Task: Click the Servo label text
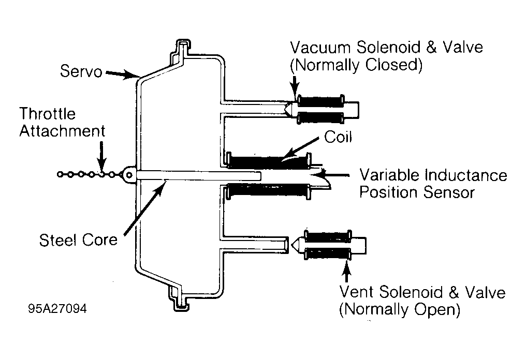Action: coord(81,71)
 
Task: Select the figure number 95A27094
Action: coord(57,308)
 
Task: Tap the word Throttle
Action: coord(48,114)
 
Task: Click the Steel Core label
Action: coord(78,240)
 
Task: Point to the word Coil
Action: coord(338,137)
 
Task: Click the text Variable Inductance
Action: coord(433,175)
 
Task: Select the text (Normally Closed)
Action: coord(356,65)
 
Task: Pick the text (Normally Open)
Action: coord(400,309)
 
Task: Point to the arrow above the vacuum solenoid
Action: coord(295,87)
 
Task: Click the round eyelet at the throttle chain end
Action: coord(129,175)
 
